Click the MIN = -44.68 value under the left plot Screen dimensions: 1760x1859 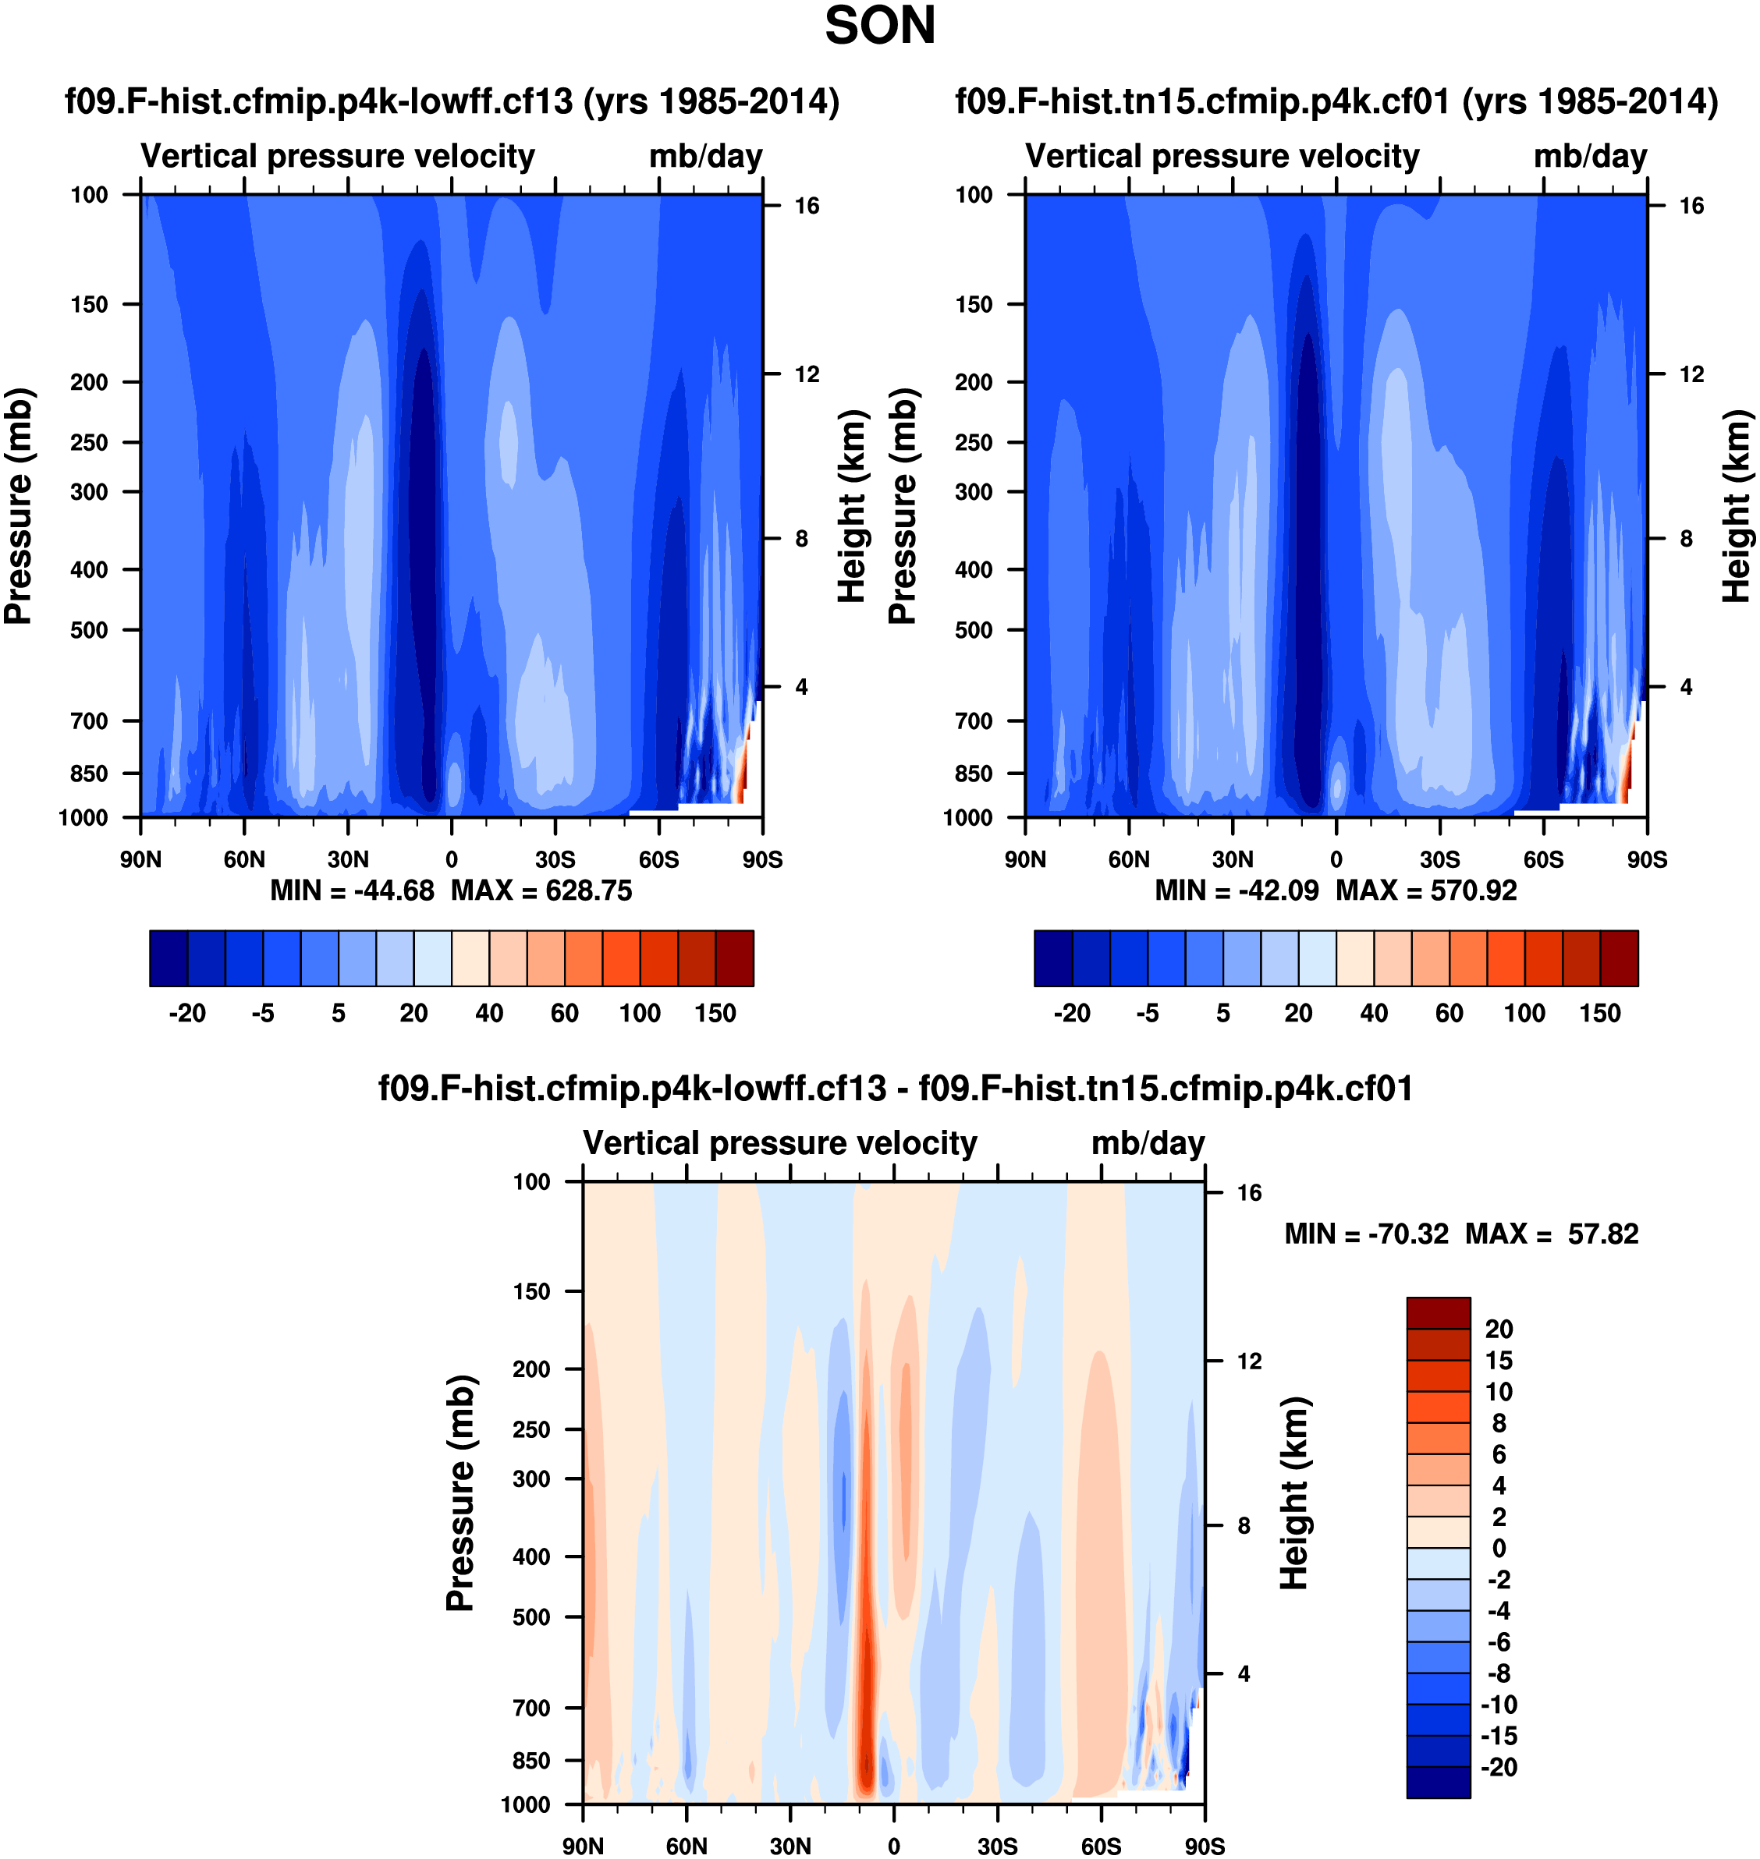(x=352, y=890)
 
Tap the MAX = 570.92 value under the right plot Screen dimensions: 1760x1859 (x=1426, y=890)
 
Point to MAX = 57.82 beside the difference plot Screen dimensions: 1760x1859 (x=1552, y=1234)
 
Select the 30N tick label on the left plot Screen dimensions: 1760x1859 (x=348, y=859)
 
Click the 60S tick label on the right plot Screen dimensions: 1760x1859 (x=1543, y=859)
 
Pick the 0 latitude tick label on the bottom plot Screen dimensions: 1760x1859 (x=893, y=1846)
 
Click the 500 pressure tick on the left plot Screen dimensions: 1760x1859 (x=89, y=629)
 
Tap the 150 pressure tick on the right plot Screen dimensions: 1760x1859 (x=974, y=304)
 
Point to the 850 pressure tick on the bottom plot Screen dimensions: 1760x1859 (x=531, y=1761)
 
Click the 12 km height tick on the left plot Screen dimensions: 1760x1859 (x=807, y=374)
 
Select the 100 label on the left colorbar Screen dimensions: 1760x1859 (x=640, y=1013)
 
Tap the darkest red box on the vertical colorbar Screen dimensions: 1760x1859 (x=1439, y=1313)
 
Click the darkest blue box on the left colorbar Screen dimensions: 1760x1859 (x=169, y=958)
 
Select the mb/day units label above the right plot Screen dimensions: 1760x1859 (x=1590, y=156)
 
